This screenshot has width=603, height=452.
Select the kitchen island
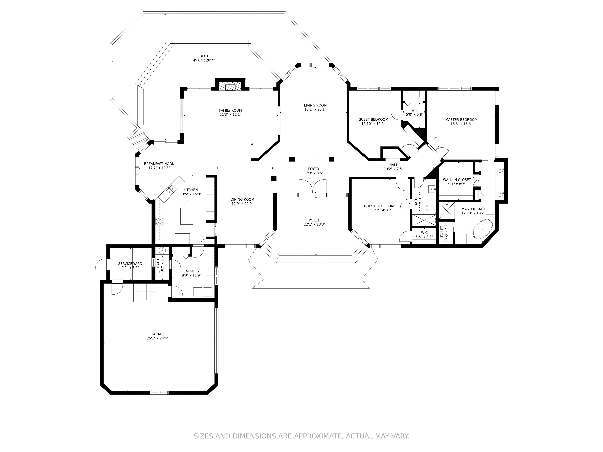(x=187, y=212)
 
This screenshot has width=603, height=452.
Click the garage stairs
(x=144, y=292)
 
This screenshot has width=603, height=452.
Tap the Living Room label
(x=315, y=105)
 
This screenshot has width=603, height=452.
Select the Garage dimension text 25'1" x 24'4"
(x=158, y=338)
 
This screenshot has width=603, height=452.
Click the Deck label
(x=204, y=56)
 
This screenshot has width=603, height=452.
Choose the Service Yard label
(x=130, y=264)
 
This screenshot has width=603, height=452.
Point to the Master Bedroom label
(x=461, y=119)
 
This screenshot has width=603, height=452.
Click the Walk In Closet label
(x=457, y=180)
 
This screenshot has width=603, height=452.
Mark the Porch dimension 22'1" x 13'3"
(x=315, y=224)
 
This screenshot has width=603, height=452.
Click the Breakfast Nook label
(x=159, y=164)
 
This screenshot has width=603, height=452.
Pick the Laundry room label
(x=191, y=271)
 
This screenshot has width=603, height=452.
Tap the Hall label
(x=393, y=165)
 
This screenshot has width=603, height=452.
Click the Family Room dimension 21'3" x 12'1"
(x=230, y=114)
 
